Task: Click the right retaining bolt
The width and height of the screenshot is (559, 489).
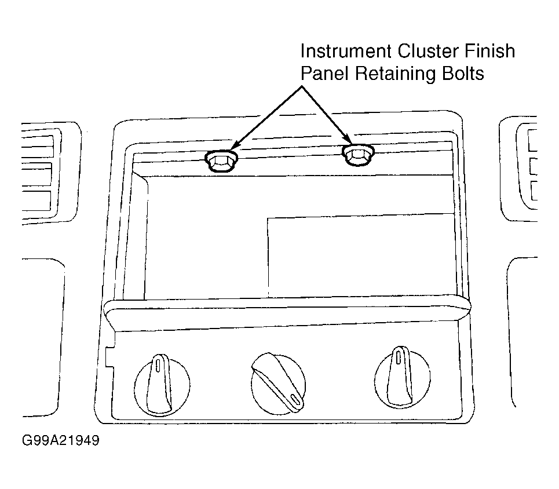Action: (x=358, y=155)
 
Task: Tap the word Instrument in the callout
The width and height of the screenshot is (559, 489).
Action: (x=346, y=51)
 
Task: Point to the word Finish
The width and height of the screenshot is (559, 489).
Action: (x=490, y=51)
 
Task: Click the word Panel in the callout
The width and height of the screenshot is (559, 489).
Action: (x=325, y=74)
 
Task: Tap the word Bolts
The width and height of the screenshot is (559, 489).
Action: (x=463, y=74)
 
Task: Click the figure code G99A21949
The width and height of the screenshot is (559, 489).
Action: (x=61, y=440)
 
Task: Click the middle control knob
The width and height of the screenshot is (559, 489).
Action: (x=279, y=384)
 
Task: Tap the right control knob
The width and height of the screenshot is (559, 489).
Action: (x=403, y=377)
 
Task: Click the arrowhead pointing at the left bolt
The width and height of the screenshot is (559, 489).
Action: (x=234, y=146)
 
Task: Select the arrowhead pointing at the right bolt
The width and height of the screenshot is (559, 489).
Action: (x=347, y=138)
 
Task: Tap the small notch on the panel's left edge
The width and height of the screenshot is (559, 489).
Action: (x=109, y=356)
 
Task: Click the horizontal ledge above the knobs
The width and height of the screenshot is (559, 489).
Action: (x=287, y=313)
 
